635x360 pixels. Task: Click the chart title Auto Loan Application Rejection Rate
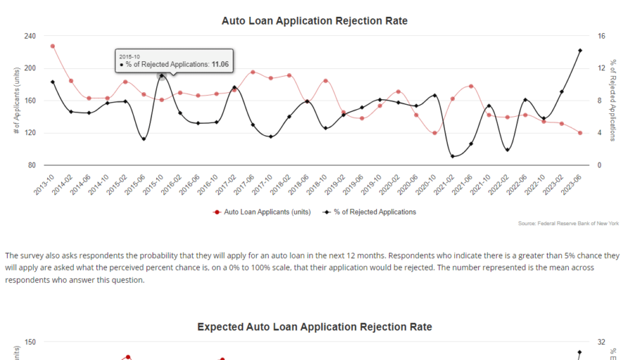[x=314, y=21]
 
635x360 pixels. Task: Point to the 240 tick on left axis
[x=30, y=36]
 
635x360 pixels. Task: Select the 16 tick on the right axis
[x=601, y=36]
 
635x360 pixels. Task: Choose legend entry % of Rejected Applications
[x=373, y=212]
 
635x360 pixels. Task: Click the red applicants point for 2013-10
[x=53, y=46]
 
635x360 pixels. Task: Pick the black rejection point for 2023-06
[x=579, y=51]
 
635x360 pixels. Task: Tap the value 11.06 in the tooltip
[x=220, y=64]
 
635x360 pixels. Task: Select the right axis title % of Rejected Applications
[x=613, y=101]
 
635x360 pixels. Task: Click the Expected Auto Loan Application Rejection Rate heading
[x=314, y=327]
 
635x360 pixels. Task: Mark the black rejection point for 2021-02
[x=452, y=156]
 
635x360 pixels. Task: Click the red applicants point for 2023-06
[x=579, y=133]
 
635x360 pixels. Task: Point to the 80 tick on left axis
[x=32, y=165]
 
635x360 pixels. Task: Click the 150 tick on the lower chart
[x=30, y=342]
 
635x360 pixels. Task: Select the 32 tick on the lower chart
[x=601, y=342]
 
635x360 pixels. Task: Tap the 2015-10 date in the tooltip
[x=130, y=55]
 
